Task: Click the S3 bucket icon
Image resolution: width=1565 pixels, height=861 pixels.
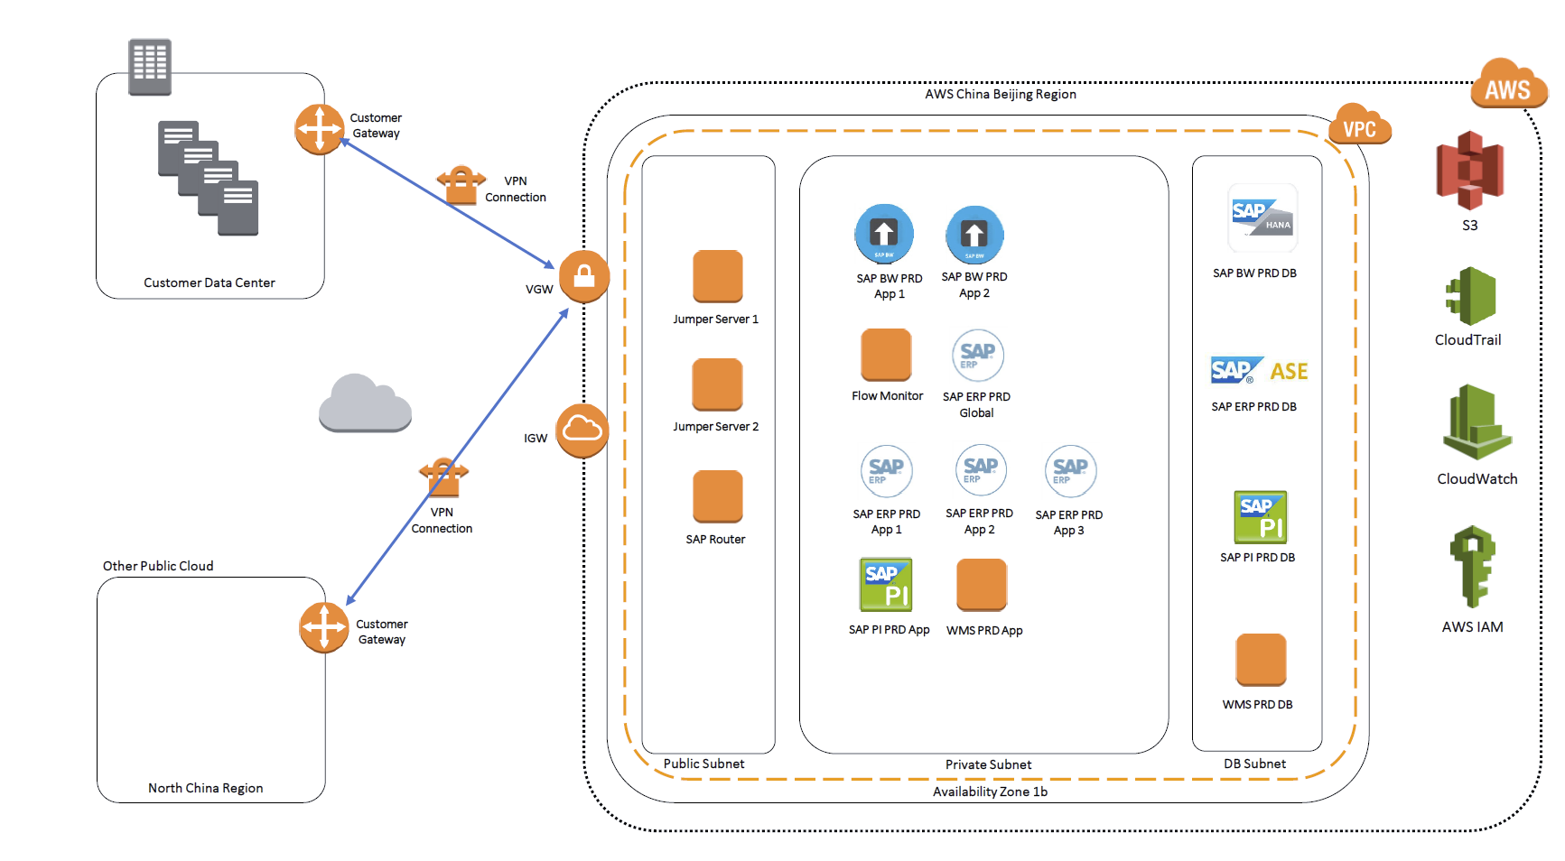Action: point(1469,171)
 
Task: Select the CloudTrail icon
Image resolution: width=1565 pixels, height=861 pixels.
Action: point(1471,296)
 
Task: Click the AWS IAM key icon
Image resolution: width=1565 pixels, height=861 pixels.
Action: point(1473,566)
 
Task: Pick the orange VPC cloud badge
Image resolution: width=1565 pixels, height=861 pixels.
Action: point(1359,127)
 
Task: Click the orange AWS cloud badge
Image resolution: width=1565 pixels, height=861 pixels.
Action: point(1508,87)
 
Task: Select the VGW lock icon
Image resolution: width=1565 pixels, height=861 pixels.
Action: point(584,275)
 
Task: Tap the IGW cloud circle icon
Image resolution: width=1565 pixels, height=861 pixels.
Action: point(582,430)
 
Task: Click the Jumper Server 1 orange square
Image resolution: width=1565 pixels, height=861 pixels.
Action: point(717,276)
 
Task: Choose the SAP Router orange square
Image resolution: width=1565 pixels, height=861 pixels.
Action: point(717,496)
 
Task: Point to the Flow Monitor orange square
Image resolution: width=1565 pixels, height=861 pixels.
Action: point(886,355)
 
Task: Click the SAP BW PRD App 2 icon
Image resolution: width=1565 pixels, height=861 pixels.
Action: point(974,235)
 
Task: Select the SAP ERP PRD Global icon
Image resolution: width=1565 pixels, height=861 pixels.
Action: point(977,356)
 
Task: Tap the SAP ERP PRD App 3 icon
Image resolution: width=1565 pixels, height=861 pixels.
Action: point(1070,470)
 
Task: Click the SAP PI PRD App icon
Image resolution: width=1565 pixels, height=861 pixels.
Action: point(886,585)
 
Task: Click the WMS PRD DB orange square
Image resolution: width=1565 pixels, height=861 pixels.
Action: point(1261,660)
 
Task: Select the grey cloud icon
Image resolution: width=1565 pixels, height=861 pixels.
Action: point(365,403)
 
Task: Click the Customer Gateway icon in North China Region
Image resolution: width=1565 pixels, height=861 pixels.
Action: point(323,627)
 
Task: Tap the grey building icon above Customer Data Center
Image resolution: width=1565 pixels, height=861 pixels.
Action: point(150,67)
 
